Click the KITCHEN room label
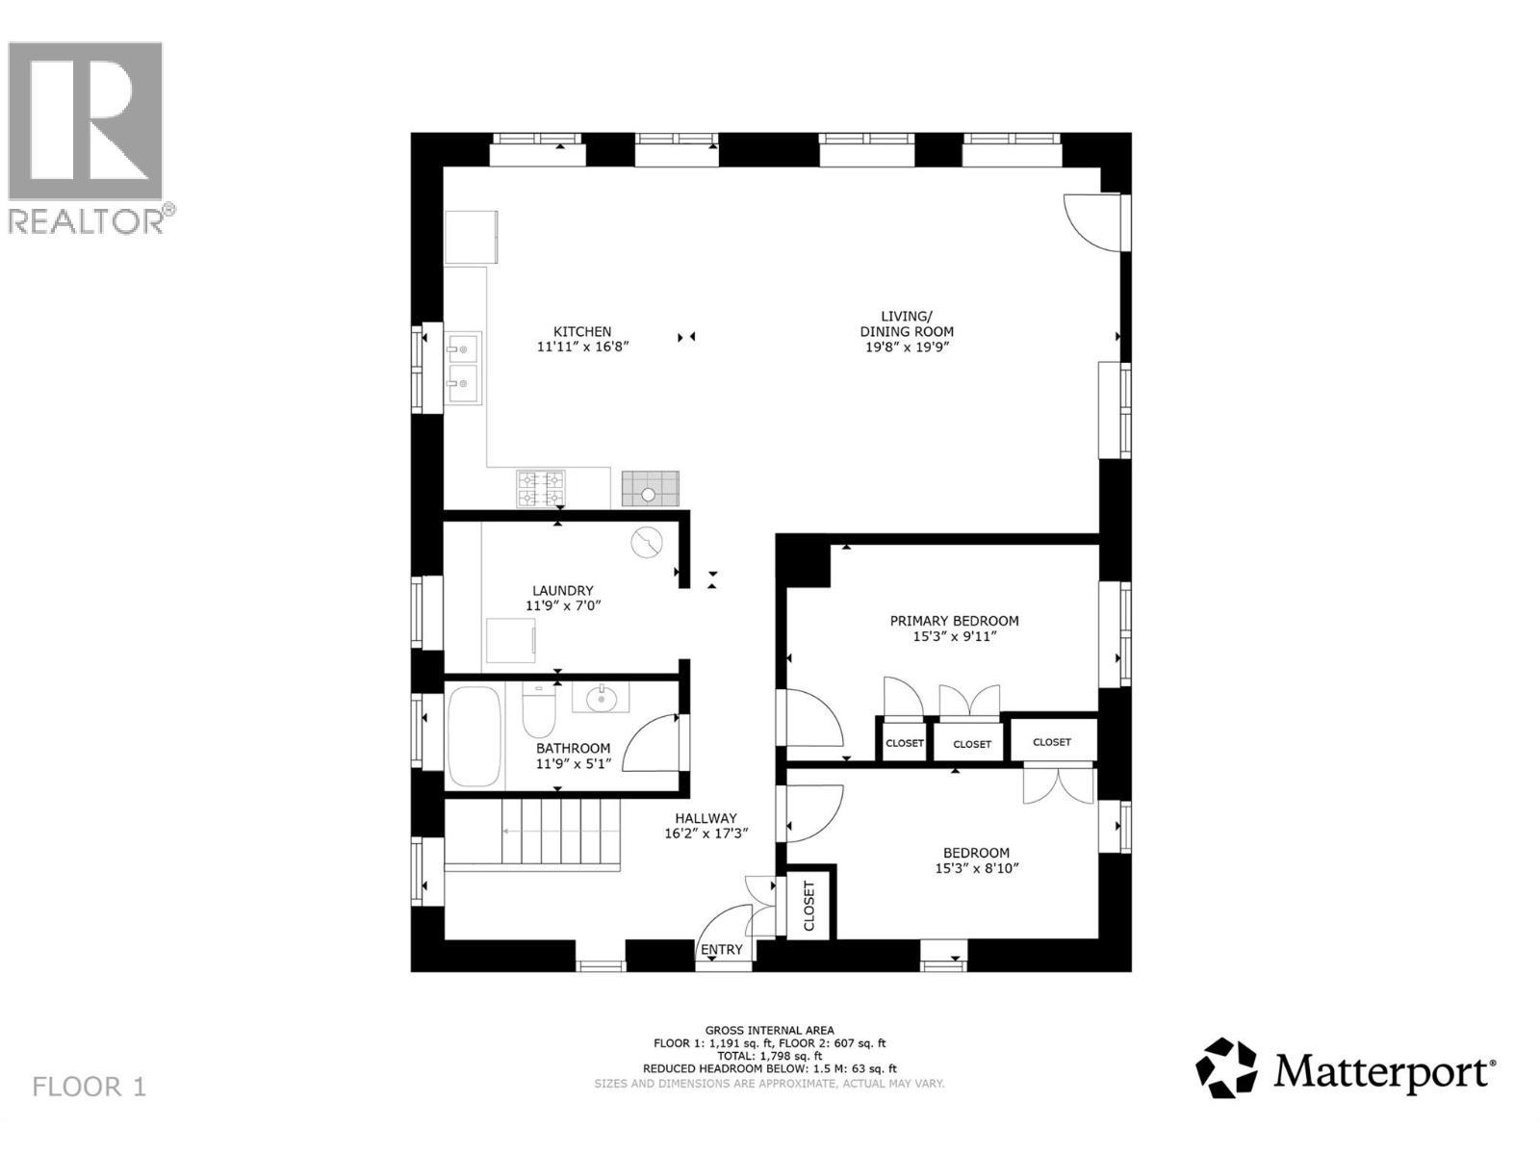(582, 332)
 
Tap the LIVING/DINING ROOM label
(907, 323)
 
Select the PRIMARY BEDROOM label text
(954, 621)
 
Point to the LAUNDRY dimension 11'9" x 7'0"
(563, 606)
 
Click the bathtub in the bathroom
(475, 736)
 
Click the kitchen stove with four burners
(541, 488)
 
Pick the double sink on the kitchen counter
(464, 368)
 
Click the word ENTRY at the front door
(722, 950)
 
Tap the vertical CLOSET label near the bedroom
(808, 905)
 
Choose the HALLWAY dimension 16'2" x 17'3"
(706, 834)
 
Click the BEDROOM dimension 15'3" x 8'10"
(976, 868)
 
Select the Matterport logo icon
(1226, 1066)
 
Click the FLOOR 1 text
(90, 1088)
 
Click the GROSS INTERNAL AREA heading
(769, 1030)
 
